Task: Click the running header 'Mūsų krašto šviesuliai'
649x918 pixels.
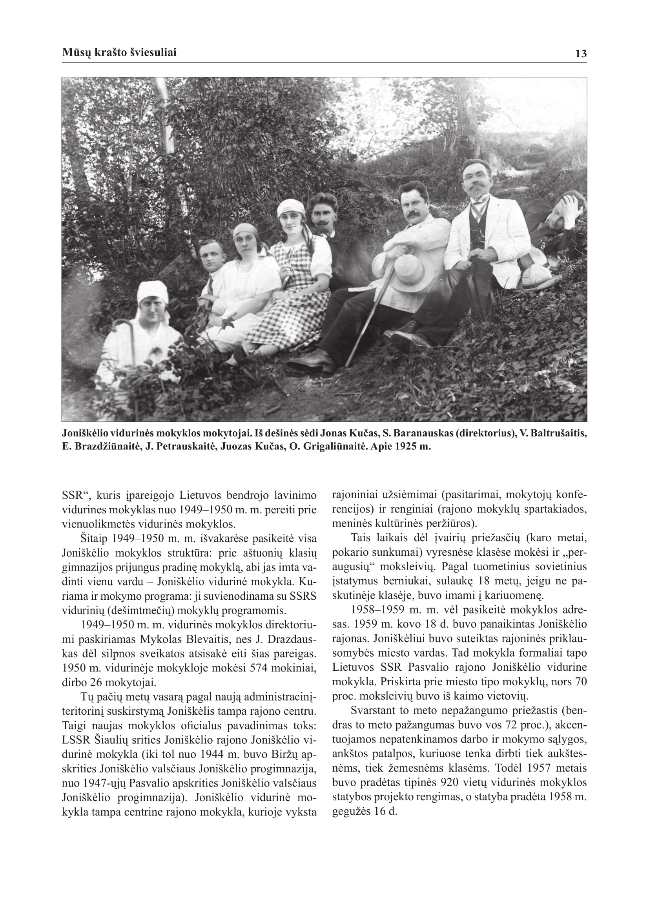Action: [119, 53]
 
